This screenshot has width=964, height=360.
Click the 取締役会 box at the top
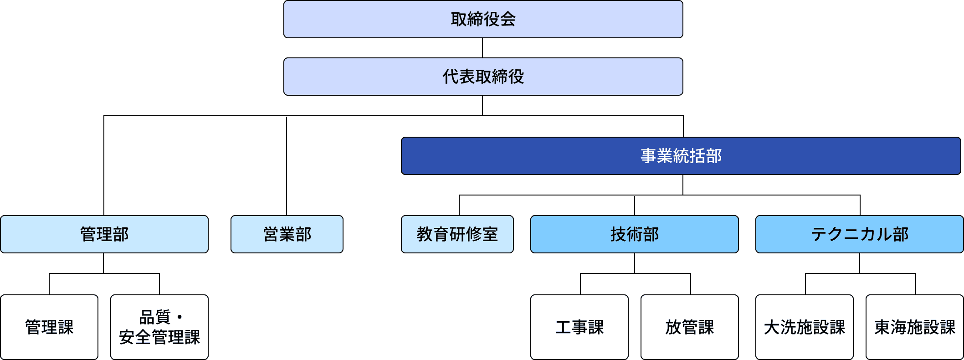pyautogui.click(x=483, y=19)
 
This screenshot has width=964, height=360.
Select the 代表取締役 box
pyautogui.click(x=483, y=77)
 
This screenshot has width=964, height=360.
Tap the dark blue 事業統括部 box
pyautogui.click(x=681, y=156)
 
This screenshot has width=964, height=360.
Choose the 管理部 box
pyautogui.click(x=104, y=234)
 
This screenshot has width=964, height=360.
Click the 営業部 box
pyautogui.click(x=287, y=234)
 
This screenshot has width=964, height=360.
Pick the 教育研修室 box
pyautogui.click(x=457, y=234)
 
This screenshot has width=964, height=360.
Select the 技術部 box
pyautogui.click(x=634, y=234)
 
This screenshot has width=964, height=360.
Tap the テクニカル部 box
pyautogui.click(x=859, y=234)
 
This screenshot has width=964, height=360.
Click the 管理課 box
pyautogui.click(x=49, y=327)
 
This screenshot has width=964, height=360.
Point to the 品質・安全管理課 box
pyautogui.click(x=159, y=327)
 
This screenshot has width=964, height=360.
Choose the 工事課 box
pyautogui.click(x=579, y=327)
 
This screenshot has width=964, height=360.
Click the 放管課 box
pyautogui.click(x=689, y=327)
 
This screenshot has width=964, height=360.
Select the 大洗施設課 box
pyautogui.click(x=804, y=327)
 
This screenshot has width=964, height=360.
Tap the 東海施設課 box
pyautogui.click(x=914, y=327)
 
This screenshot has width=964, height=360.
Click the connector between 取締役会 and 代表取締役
pyautogui.click(x=482, y=48)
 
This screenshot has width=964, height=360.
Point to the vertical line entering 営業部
pyautogui.click(x=287, y=166)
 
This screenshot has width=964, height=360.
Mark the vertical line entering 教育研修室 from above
pyautogui.click(x=459, y=205)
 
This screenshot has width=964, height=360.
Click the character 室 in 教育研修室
pyautogui.click(x=490, y=234)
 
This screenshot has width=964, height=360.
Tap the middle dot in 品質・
pyautogui.click(x=180, y=317)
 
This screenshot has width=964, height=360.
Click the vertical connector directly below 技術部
pyautogui.click(x=635, y=263)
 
